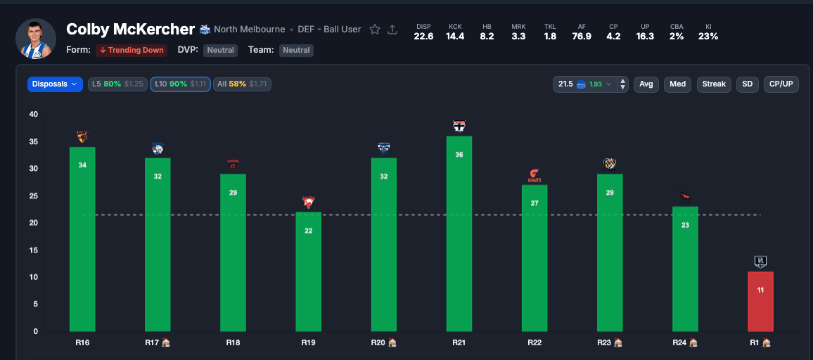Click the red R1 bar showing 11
(x=760, y=301)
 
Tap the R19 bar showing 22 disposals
(x=308, y=271)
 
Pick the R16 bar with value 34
(x=82, y=239)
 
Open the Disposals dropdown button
(x=55, y=84)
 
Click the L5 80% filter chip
(x=117, y=84)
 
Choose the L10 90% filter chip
(x=179, y=84)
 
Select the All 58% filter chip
(x=241, y=84)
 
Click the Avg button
(x=646, y=84)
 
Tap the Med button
(x=677, y=84)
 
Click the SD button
(x=747, y=84)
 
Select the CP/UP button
(x=781, y=84)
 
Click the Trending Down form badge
(x=132, y=51)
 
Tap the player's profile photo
(x=35, y=39)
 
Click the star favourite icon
(x=375, y=30)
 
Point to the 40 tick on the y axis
(x=34, y=115)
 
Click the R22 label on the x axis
(x=534, y=342)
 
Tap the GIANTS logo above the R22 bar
(x=534, y=175)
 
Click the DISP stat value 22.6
(x=423, y=37)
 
